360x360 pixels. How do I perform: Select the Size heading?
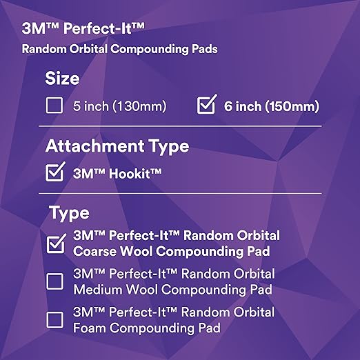(x=63, y=78)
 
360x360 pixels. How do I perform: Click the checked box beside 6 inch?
(x=206, y=106)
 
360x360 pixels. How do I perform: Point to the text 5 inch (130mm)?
(x=119, y=107)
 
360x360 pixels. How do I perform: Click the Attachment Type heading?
(x=117, y=146)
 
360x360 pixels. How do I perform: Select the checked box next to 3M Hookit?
(x=54, y=173)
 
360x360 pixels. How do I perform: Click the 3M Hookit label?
(x=118, y=174)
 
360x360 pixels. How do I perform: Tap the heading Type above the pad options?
(x=69, y=214)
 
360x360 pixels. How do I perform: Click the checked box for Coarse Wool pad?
(x=54, y=243)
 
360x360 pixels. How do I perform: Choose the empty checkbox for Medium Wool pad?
(x=54, y=281)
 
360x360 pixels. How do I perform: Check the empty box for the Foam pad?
(x=54, y=320)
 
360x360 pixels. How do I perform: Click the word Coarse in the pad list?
(x=94, y=251)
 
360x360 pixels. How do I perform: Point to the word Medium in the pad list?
(x=97, y=289)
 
